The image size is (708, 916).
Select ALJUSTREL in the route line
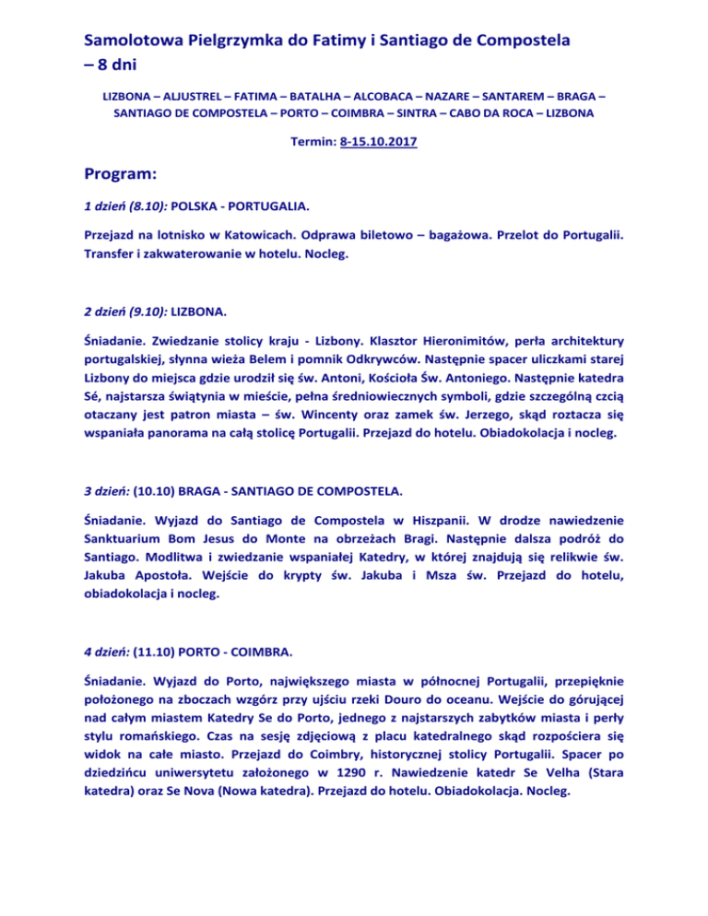click(205, 96)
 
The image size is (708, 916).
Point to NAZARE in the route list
click(442, 96)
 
